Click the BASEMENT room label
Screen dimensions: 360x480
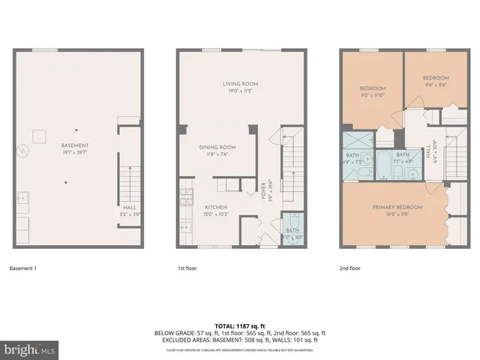[76, 145]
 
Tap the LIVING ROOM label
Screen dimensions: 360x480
[240, 83]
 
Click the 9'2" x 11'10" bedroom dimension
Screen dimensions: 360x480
[372, 95]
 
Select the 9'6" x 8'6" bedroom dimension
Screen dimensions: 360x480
[435, 85]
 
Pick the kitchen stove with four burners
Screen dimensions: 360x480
[184, 199]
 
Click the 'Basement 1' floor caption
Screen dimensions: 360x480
[24, 268]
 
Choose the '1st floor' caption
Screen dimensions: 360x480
[187, 268]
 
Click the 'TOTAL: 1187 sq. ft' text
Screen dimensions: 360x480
[240, 325]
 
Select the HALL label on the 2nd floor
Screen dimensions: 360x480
[427, 154]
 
